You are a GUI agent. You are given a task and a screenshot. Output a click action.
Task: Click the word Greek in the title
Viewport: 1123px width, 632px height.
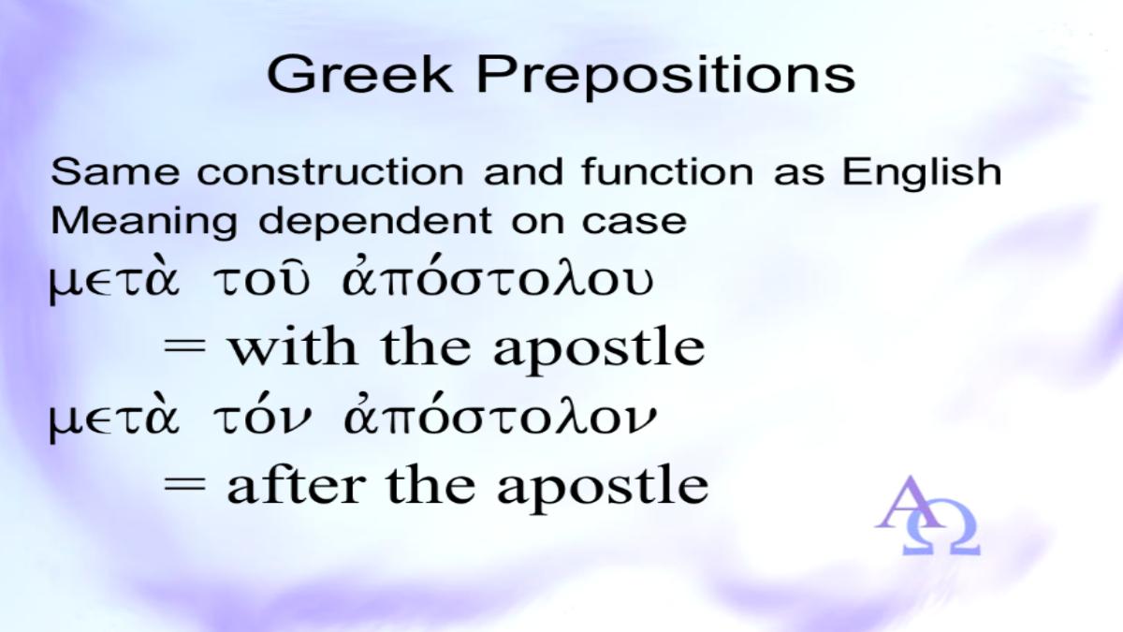tap(359, 74)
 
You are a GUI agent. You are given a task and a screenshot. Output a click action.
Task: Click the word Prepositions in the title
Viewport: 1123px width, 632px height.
tap(665, 77)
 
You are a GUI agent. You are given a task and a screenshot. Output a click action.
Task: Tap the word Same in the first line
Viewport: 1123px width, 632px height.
tap(115, 171)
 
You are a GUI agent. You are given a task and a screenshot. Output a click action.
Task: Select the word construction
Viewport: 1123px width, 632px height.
tap(330, 172)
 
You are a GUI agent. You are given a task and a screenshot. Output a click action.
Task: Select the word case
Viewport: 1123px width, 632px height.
tap(634, 222)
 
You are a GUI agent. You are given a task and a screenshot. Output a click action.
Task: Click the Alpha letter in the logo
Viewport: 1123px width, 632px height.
tap(909, 503)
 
